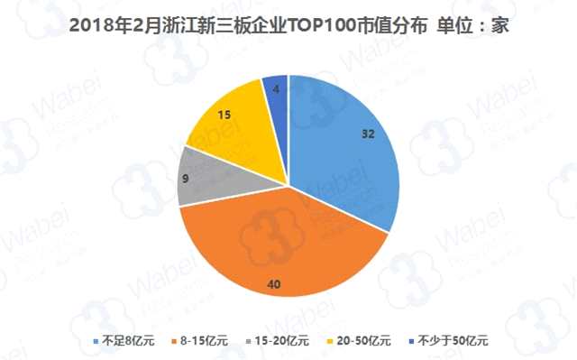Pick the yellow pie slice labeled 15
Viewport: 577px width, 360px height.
tap(230, 117)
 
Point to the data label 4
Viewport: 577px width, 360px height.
tap(276, 88)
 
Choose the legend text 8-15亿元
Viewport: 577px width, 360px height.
tap(206, 340)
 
